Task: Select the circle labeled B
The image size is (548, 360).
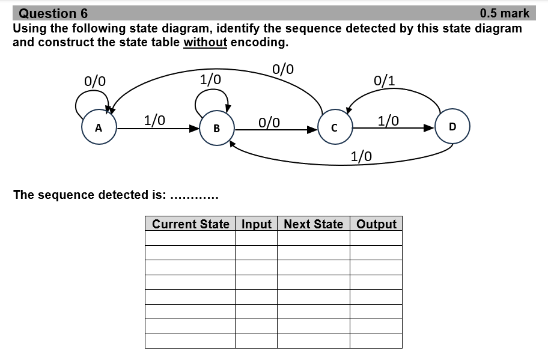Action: point(216,127)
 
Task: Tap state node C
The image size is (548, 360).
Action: point(334,127)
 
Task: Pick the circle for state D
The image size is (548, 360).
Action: point(452,126)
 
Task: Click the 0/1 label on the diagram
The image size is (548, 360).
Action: point(384,81)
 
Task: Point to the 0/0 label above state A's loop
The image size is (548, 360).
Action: point(96,81)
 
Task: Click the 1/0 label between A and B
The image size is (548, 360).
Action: point(155,120)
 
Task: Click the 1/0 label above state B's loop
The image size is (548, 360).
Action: point(210,79)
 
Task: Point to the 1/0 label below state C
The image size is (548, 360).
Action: point(361,157)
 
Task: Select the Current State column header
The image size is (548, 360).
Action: point(190,224)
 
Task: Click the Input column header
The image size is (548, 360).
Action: point(257,224)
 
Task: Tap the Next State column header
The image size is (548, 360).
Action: point(313,224)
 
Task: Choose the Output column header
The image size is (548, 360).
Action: point(376,224)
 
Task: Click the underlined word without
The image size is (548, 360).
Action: point(205,43)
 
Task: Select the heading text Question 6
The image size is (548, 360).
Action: point(53,13)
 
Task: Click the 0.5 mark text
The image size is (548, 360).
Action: point(505,13)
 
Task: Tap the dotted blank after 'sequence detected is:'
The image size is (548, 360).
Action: point(194,195)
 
